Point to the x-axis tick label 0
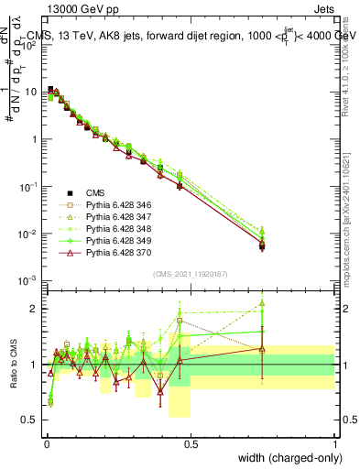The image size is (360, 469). tap(46, 444)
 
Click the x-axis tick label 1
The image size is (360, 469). tap(334, 444)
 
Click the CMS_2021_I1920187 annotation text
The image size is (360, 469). tap(191, 273)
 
